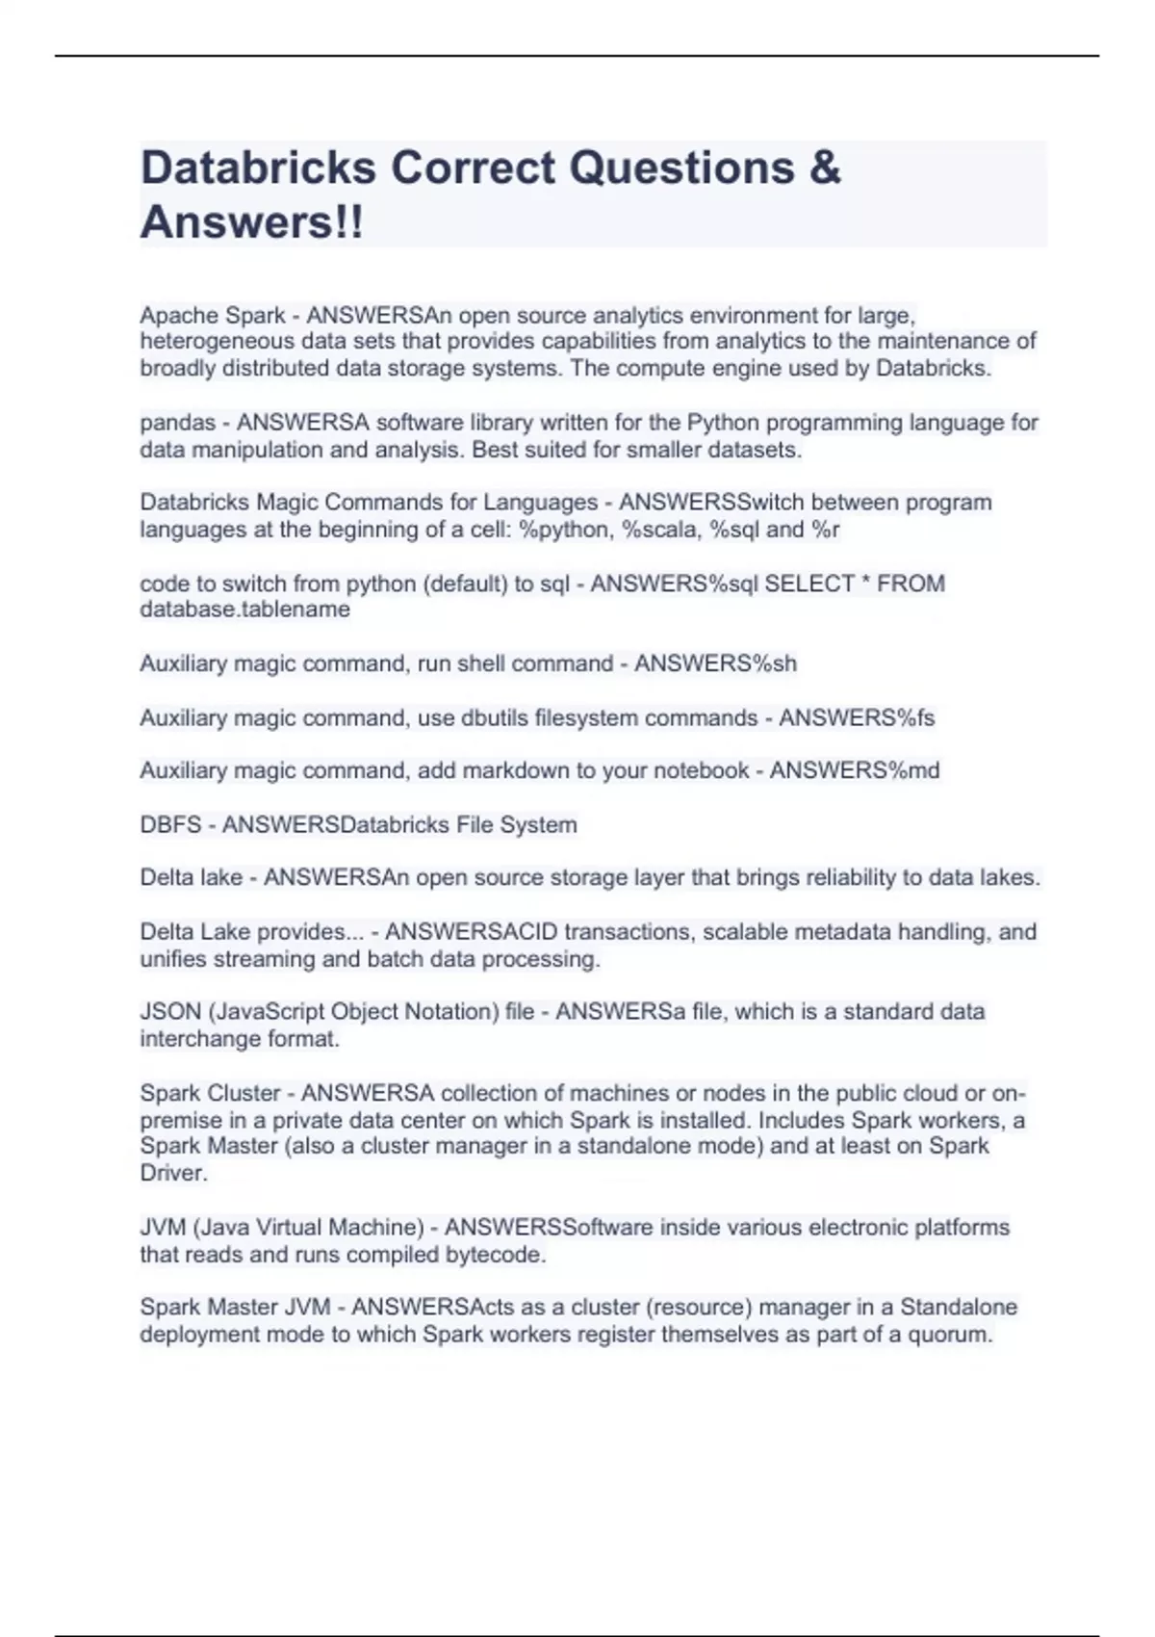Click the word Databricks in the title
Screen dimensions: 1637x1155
258,168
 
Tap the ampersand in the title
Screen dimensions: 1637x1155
825,168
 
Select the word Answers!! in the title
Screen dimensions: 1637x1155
252,222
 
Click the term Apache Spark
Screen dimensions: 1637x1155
213,315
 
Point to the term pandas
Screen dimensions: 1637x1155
178,423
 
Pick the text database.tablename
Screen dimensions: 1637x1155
244,610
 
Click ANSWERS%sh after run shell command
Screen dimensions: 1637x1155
715,663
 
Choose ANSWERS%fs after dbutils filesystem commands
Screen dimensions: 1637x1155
857,717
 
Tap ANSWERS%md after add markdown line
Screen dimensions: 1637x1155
855,770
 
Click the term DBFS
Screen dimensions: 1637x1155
170,825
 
